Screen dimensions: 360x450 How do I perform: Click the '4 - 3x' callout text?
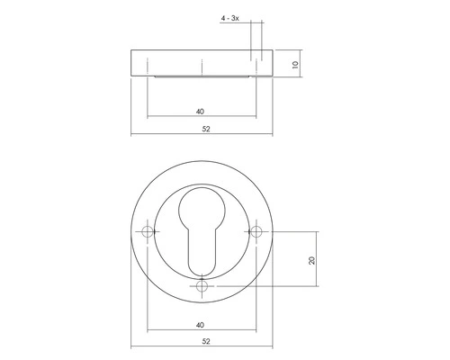tap(232, 17)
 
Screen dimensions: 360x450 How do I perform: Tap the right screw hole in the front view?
tap(257, 233)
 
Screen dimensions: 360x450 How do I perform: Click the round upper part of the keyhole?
tap(202, 212)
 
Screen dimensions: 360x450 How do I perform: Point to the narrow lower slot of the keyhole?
tap(202, 252)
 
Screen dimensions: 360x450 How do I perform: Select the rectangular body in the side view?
tap(202, 62)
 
